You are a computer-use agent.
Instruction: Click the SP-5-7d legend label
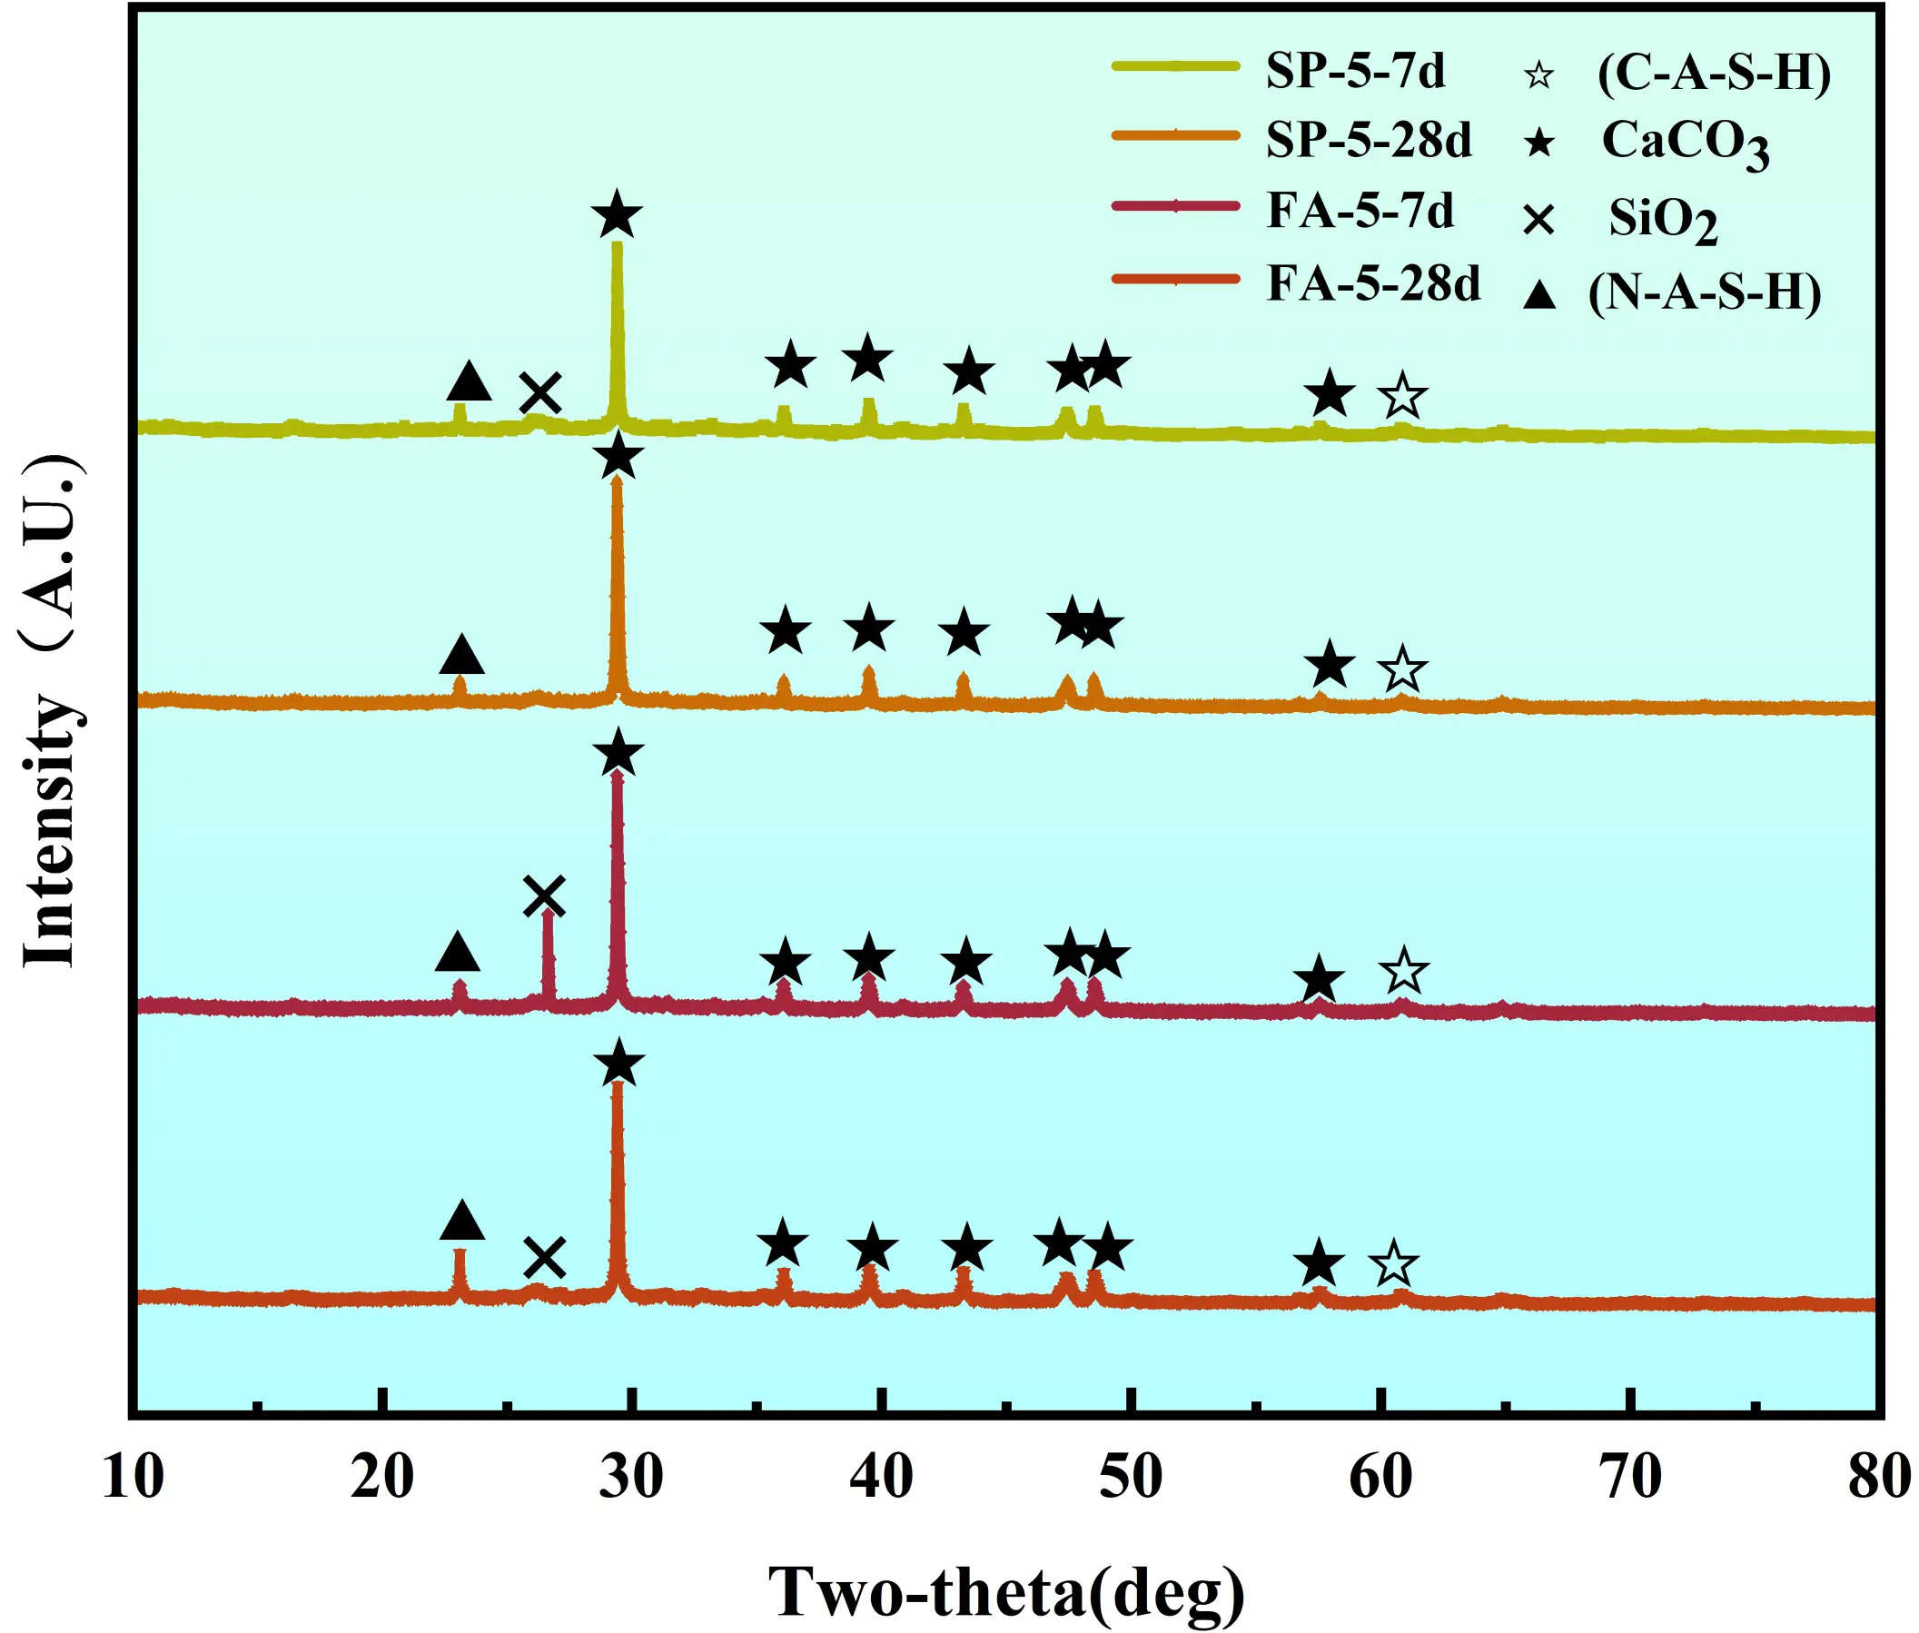click(x=1354, y=70)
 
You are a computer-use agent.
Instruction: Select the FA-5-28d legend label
click(x=1373, y=282)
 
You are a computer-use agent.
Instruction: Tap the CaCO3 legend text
click(x=1684, y=143)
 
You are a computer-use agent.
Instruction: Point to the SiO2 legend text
click(x=1663, y=220)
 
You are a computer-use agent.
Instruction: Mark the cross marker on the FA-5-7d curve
click(x=543, y=896)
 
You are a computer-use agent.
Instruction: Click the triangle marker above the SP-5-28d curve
click(x=461, y=656)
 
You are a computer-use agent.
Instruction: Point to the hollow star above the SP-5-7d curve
click(x=1401, y=396)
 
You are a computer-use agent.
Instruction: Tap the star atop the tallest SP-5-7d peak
click(x=617, y=215)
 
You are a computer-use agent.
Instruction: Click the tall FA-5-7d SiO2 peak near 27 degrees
click(x=548, y=954)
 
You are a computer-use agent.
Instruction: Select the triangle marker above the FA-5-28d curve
click(x=462, y=1221)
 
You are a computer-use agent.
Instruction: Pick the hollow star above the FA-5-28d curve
click(x=1393, y=1264)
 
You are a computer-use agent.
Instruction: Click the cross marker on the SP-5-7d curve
click(x=540, y=392)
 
